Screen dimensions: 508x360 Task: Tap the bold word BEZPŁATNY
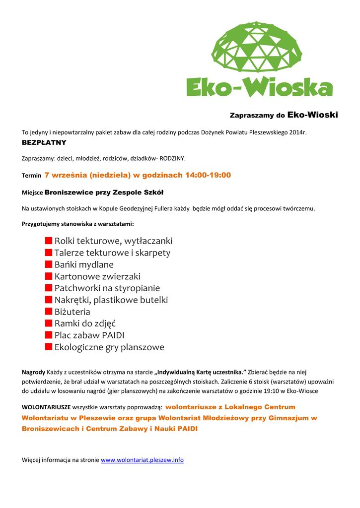point(44,143)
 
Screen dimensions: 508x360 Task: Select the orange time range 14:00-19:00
point(208,175)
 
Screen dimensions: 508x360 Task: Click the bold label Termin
point(31,176)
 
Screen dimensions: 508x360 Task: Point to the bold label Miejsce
point(32,192)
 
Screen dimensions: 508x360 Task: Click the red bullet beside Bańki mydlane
point(49,264)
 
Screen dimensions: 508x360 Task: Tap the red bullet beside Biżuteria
point(49,312)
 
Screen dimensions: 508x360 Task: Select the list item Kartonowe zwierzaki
point(97,276)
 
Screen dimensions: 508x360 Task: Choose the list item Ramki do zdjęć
point(85,324)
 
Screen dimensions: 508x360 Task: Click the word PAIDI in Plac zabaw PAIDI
point(113,336)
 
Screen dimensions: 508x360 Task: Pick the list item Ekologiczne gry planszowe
point(109,347)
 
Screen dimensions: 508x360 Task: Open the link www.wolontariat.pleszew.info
point(142,460)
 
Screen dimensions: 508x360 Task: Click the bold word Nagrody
point(34,372)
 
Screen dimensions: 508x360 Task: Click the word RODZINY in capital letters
point(172,159)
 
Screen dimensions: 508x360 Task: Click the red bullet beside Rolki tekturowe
point(49,240)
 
